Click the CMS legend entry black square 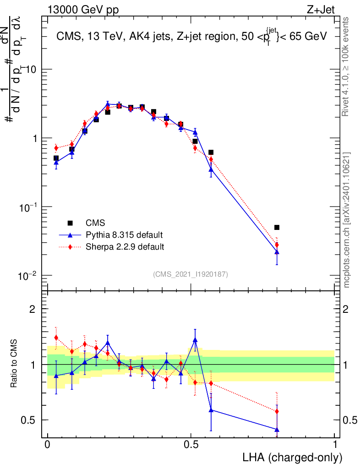(x=70, y=223)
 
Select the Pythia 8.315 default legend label (x=124, y=235)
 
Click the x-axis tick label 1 (x=334, y=445)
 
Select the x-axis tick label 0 (x=48, y=445)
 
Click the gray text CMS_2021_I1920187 (x=191, y=274)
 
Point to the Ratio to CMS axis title (x=15, y=365)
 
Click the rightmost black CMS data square (x=277, y=228)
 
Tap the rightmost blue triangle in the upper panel (x=277, y=252)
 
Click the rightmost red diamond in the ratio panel (x=277, y=411)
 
